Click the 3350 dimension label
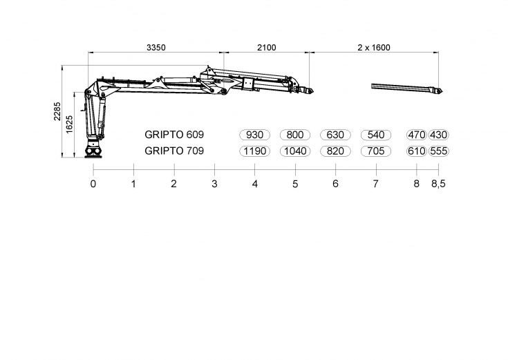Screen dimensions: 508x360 [156, 48]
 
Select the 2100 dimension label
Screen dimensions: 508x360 [267, 48]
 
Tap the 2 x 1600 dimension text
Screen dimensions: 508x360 [374, 48]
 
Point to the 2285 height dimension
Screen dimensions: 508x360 [57, 111]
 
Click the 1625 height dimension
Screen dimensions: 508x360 [69, 124]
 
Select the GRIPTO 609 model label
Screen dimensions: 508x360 [174, 135]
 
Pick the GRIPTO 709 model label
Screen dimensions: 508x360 [174, 151]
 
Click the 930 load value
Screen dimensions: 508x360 [254, 135]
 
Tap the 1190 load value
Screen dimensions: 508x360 [254, 151]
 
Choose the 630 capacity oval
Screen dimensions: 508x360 [335, 135]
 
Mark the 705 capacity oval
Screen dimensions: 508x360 [376, 151]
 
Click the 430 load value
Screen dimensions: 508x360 [439, 135]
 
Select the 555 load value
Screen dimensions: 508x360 [439, 151]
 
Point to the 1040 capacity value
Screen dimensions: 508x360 [295, 151]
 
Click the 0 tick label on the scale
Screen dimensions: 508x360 [93, 184]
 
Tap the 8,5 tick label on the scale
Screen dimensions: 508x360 [438, 184]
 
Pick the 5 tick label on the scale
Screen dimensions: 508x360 [295, 184]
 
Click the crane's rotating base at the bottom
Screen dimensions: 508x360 [93, 151]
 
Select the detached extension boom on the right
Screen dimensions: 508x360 [406, 88]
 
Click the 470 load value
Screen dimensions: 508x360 [417, 135]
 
